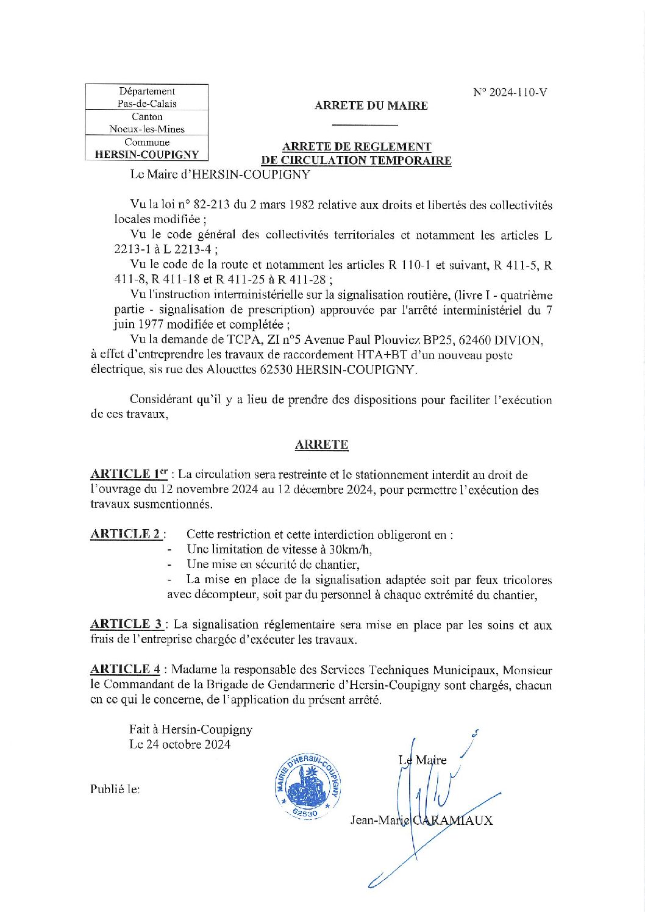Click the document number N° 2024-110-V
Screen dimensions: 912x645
pos(510,93)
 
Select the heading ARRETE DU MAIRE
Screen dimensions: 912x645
pos(371,105)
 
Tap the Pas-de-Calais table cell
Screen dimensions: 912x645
pos(147,104)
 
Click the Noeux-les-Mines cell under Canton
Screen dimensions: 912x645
pos(147,129)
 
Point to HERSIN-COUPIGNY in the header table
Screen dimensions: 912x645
pos(147,155)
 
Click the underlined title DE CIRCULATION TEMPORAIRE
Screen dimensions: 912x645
pos(356,161)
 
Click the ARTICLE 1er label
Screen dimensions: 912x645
pos(129,474)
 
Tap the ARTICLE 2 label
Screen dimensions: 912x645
pos(126,534)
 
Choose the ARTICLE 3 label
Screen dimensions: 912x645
pos(126,624)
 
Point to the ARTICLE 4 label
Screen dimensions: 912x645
pos(125,669)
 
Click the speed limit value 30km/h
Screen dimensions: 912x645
pos(351,549)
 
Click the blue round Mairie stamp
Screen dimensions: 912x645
pos(307,786)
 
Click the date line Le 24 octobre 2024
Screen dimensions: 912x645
pos(180,744)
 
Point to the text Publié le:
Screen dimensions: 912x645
pos(115,789)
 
